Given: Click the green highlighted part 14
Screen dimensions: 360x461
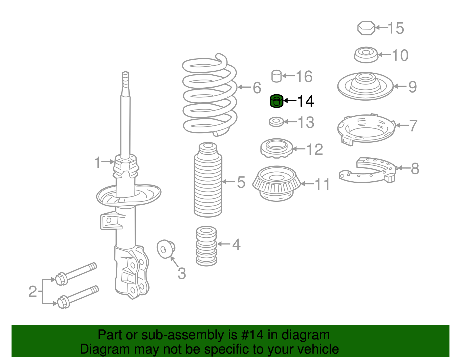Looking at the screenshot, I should pos(277,101).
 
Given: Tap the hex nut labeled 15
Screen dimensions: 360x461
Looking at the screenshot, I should pos(366,28).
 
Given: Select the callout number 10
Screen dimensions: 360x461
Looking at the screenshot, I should pos(400,55).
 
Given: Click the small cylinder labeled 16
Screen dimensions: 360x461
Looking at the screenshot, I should pos(277,76).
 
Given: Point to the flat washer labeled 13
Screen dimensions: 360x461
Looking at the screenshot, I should pos(276,122).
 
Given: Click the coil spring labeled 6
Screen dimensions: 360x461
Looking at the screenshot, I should pos(210,95).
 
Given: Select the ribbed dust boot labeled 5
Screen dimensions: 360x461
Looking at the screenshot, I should pos(208,182).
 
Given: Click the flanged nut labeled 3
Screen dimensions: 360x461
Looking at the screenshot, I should pos(166,249).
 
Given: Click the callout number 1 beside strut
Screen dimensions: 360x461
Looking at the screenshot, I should pos(98,162).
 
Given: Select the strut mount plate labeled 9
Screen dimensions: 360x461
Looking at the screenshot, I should pos(365,86).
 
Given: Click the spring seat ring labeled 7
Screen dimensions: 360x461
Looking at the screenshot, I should pos(366,129).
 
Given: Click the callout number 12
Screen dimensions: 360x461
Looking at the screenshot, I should pos(315,149).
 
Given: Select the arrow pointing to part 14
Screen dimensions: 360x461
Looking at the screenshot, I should pos(290,101).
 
